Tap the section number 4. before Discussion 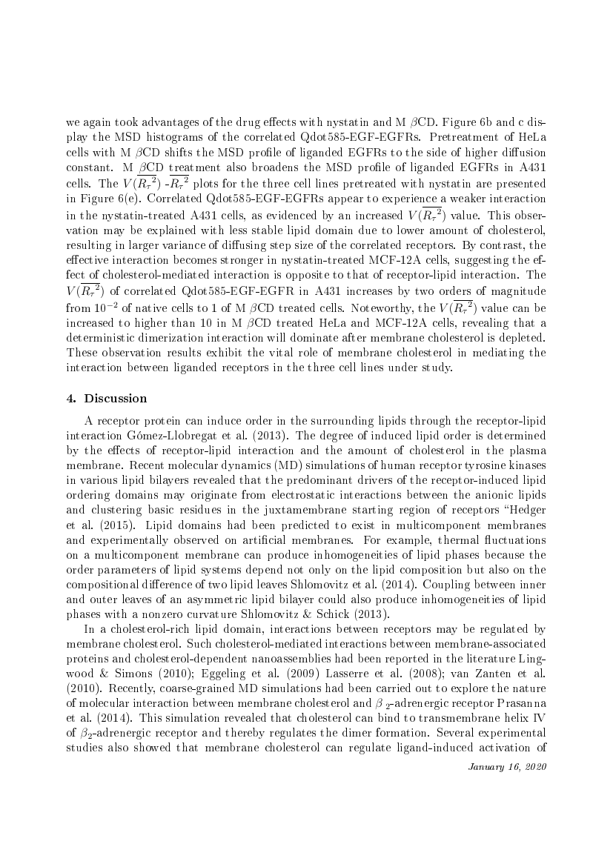pos(71,399)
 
